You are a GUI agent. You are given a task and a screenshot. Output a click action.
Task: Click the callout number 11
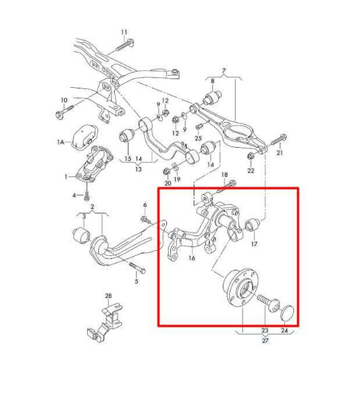[x=124, y=32]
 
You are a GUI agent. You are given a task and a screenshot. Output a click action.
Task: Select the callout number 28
[x=108, y=296]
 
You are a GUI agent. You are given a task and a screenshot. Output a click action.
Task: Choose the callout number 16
[x=192, y=258]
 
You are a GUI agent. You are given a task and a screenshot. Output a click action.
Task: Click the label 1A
[x=61, y=142]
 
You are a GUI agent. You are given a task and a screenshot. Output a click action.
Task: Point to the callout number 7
[x=224, y=72]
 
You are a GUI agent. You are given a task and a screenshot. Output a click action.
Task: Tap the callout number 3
[x=83, y=217]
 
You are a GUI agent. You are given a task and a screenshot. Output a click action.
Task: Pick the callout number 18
[x=225, y=176]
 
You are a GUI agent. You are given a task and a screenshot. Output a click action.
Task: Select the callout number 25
[x=199, y=138]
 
